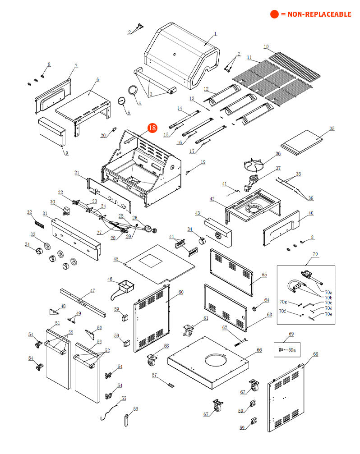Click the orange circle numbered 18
(152, 128)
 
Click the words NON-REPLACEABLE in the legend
(316, 14)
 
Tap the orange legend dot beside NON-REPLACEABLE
(274, 14)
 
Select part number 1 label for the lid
(215, 34)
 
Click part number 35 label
(332, 129)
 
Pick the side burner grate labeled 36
(256, 165)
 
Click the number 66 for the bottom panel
(259, 350)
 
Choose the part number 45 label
(116, 259)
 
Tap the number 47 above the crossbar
(92, 291)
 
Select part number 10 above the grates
(266, 47)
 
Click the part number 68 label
(315, 354)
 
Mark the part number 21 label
(77, 173)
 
